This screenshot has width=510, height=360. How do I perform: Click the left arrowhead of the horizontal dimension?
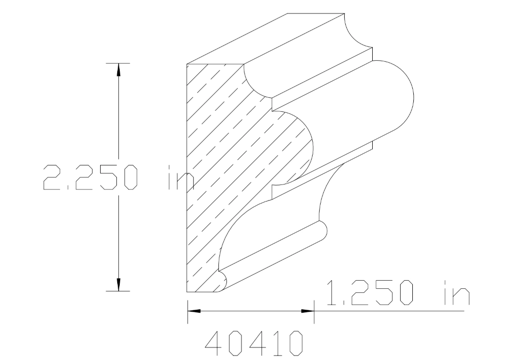pyautogui.click(x=193, y=311)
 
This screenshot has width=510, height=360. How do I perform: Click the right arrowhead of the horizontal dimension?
pyautogui.click(x=308, y=311)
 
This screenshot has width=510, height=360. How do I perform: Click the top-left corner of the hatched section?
pyautogui.click(x=187, y=65)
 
